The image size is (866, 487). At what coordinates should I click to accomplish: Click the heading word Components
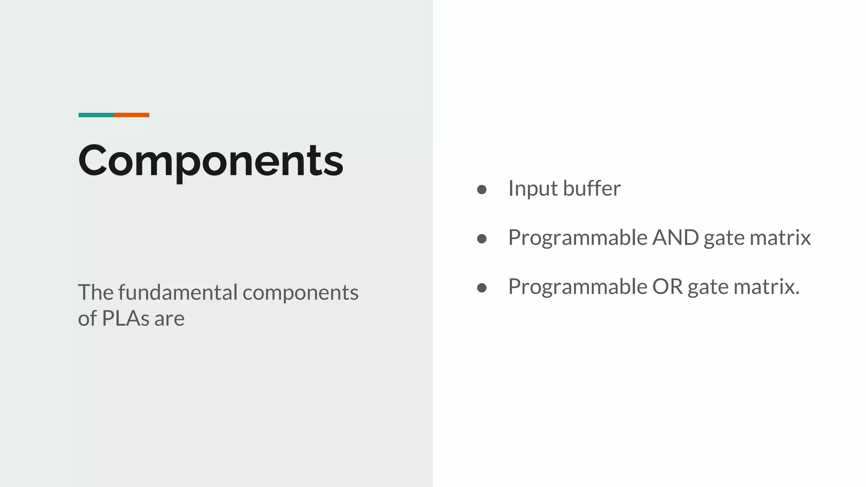coord(211,161)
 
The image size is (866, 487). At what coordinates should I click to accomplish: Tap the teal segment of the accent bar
coord(96,115)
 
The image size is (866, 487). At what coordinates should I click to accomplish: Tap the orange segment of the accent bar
coord(132,115)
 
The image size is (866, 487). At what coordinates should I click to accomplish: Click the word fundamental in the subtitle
coord(178,293)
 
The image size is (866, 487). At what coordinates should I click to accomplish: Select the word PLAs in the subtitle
coord(126,318)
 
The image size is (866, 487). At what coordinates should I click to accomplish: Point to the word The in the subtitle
coord(96,293)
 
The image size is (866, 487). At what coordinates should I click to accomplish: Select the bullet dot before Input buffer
coord(482,189)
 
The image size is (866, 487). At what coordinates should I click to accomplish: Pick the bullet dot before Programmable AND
coord(482,239)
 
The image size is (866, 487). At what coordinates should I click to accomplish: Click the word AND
coord(675,238)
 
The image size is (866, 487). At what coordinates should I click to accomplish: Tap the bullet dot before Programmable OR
coord(482,288)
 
